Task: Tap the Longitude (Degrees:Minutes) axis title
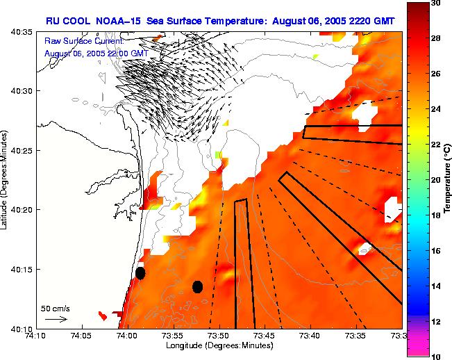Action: tap(219, 345)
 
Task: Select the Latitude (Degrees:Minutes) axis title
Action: tap(5, 180)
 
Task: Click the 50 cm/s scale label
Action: tap(56, 308)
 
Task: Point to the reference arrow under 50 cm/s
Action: tap(56, 319)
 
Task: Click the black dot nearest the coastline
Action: tap(140, 273)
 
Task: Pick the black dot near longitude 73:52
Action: tap(197, 286)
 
